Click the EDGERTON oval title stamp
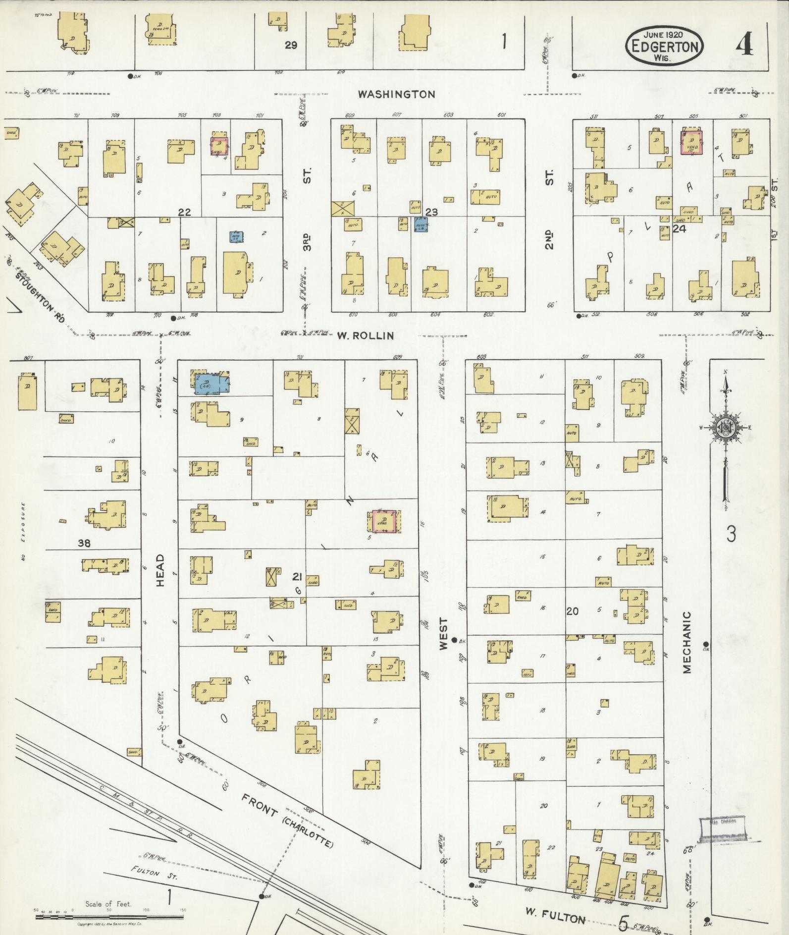(664, 45)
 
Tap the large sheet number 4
(744, 46)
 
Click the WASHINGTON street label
(397, 94)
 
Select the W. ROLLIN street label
(366, 335)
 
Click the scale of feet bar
(109, 917)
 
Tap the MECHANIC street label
(687, 642)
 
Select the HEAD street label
(160, 570)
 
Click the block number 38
(84, 543)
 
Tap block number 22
(184, 212)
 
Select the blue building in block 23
(421, 225)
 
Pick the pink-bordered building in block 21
(383, 521)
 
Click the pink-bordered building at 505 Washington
(692, 143)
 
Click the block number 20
(573, 611)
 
